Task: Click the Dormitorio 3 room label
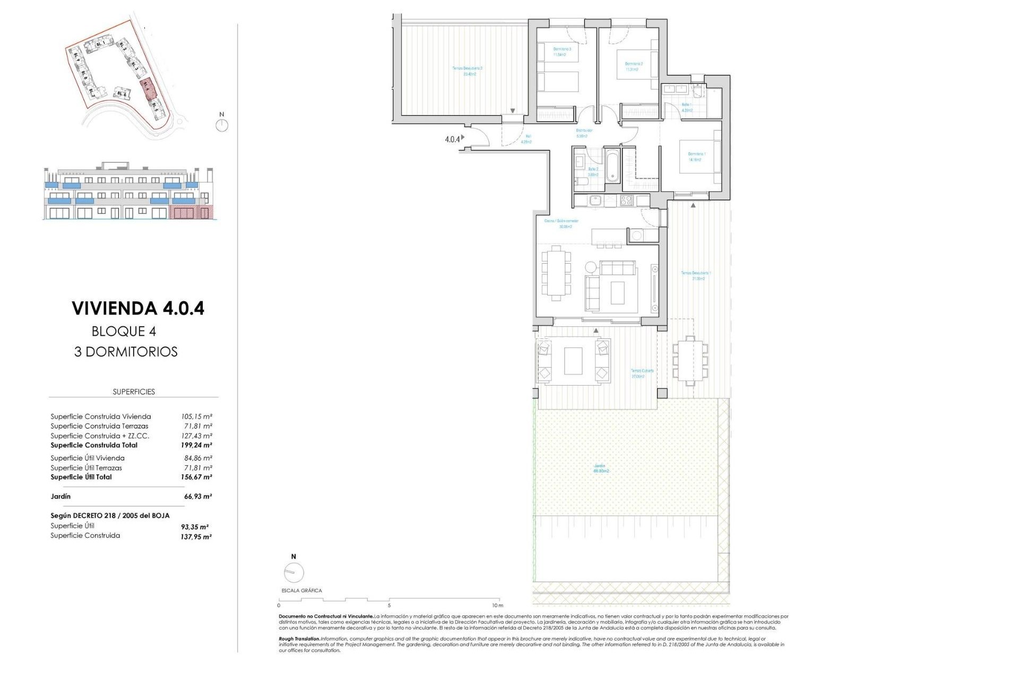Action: (563, 51)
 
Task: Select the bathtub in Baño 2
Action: (612, 166)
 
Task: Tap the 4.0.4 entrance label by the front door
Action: (452, 140)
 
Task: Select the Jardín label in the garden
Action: (601, 468)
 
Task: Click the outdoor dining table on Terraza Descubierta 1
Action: (689, 360)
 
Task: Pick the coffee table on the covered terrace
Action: (573, 361)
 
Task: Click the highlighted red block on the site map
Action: (147, 88)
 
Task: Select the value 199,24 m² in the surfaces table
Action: (196, 446)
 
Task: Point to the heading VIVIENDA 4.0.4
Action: (138, 308)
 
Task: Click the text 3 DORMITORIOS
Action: (126, 352)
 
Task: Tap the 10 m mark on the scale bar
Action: (497, 605)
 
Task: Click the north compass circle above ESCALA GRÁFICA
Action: (293, 572)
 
